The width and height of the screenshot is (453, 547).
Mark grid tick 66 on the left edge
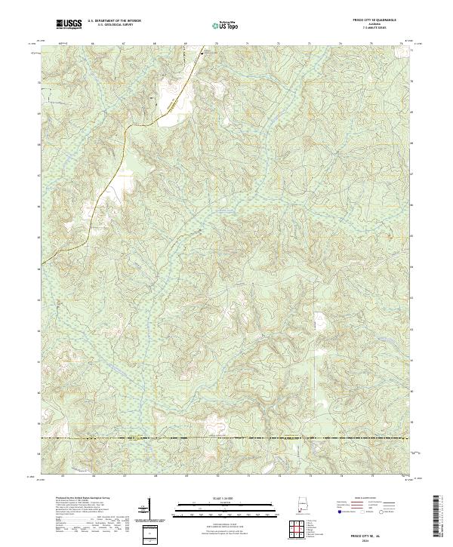(39, 205)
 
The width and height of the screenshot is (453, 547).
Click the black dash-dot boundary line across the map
(226, 438)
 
